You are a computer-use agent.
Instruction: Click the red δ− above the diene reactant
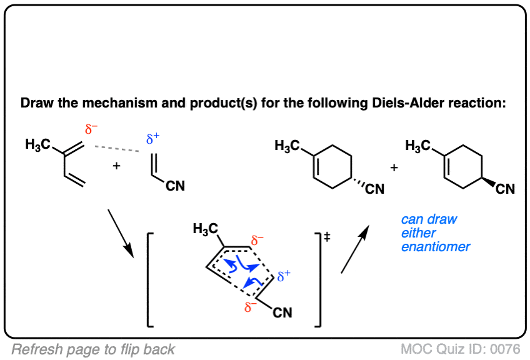click(x=91, y=129)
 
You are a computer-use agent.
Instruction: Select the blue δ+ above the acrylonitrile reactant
click(x=152, y=138)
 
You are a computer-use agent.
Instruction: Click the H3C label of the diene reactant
click(x=38, y=144)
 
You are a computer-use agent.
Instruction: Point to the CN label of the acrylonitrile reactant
click(x=175, y=186)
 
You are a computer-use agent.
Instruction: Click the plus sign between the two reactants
click(x=117, y=166)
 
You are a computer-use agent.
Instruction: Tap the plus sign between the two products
click(x=394, y=167)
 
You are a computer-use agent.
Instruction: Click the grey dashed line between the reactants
click(x=117, y=149)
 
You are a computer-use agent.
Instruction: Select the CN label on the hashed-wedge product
click(x=375, y=189)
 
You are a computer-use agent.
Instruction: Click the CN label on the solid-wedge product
click(x=506, y=189)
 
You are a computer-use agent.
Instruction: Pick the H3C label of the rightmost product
click(x=417, y=146)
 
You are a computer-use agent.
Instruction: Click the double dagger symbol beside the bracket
click(x=327, y=237)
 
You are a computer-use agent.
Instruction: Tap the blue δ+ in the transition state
click(x=284, y=276)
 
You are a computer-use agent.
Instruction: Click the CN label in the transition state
click(x=282, y=312)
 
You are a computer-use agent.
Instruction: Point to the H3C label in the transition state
click(x=206, y=229)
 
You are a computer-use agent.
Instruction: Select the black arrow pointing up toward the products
click(x=355, y=249)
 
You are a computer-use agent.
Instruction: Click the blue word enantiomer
click(x=436, y=247)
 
